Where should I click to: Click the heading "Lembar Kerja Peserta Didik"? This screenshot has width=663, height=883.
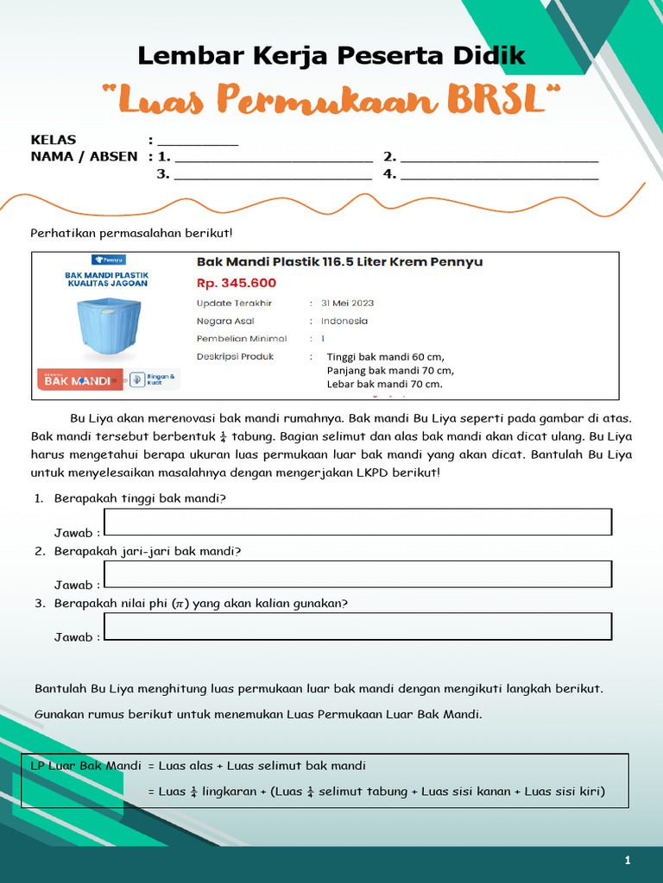[x=331, y=57]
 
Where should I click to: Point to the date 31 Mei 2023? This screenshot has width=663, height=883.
[x=348, y=304]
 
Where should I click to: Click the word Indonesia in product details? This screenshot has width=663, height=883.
[x=344, y=321]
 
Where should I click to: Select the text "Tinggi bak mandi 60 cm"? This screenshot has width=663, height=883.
[x=385, y=357]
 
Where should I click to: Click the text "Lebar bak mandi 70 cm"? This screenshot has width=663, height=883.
[x=384, y=384]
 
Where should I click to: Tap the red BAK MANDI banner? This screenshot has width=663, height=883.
[x=79, y=379]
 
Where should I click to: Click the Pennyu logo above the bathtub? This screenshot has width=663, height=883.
[x=109, y=259]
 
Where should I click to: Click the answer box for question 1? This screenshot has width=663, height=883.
[x=357, y=522]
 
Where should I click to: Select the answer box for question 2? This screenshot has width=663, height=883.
[x=357, y=573]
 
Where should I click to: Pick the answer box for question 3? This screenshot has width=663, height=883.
[x=357, y=626]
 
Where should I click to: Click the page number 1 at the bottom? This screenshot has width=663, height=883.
[x=628, y=861]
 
